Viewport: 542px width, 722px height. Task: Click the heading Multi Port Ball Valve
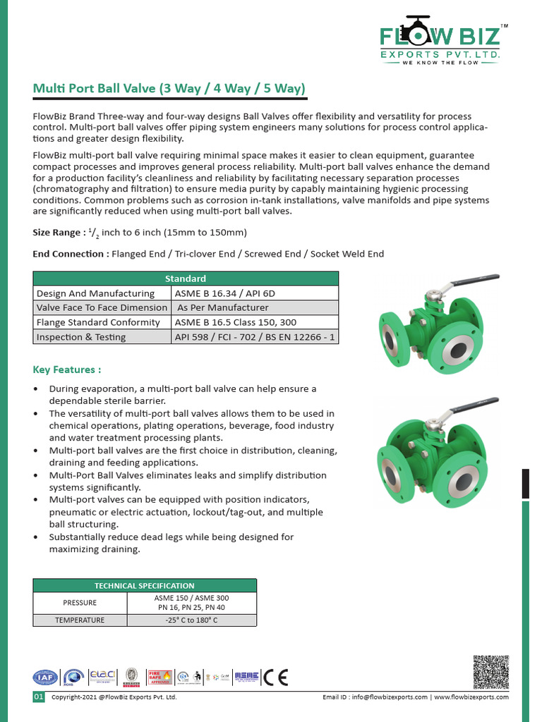click(169, 89)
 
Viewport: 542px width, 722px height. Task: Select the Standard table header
click(186, 279)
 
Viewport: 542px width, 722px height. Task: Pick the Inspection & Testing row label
click(81, 337)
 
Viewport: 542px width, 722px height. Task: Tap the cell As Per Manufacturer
click(222, 307)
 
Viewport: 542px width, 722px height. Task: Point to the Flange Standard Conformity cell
click(98, 322)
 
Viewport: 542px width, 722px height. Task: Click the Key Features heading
click(67, 369)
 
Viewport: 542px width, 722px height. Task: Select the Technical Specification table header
click(145, 585)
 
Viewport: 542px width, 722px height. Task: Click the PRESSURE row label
click(80, 603)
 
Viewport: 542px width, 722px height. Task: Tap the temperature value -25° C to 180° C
click(191, 620)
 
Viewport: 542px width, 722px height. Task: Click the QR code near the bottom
click(490, 673)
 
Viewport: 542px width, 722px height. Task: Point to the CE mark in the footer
click(275, 677)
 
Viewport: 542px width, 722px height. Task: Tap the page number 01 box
click(39, 697)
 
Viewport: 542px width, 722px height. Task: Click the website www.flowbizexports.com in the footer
click(471, 697)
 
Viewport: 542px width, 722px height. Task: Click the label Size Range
click(59, 233)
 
